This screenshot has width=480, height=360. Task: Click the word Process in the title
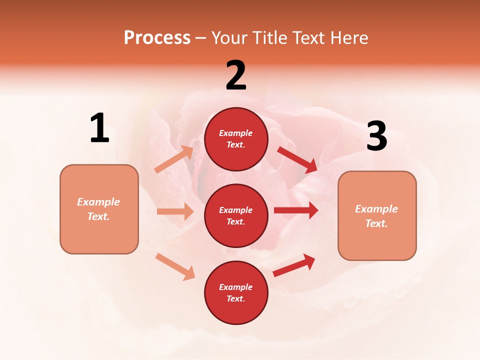tap(157, 38)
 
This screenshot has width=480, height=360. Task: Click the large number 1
tap(99, 128)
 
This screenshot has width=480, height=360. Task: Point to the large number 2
tap(236, 75)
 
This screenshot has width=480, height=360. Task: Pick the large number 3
tap(377, 136)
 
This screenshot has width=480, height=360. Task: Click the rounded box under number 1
tap(99, 209)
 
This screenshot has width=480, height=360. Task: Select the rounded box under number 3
tap(377, 215)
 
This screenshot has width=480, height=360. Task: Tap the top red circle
tap(236, 139)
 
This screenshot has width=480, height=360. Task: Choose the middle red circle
tap(236, 215)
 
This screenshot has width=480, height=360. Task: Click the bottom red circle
tap(236, 292)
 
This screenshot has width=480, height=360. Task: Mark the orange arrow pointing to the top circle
tap(174, 159)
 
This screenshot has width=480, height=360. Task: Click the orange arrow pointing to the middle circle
tap(175, 211)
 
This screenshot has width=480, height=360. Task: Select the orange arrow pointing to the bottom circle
tap(175, 266)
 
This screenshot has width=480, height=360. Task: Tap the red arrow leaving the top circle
tap(297, 159)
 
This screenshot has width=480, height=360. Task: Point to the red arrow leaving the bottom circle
tap(294, 265)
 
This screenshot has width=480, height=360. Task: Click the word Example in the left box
tap(98, 202)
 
